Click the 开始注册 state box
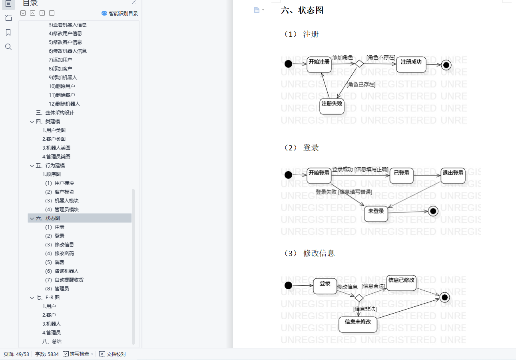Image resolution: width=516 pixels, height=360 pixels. coord(319,64)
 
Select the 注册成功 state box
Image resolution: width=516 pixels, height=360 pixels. coord(411,64)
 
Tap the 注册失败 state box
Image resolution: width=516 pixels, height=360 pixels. coord(332,106)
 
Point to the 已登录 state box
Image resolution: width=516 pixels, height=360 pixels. coord(402,175)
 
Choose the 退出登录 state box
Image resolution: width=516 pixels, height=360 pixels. coord(453,175)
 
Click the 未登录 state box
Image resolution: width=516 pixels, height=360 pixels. coord(376,213)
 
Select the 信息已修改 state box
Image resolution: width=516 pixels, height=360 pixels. coord(401,282)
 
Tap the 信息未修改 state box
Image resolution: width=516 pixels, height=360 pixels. coord(358,324)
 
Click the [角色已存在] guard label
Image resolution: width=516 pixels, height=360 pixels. coord(361,84)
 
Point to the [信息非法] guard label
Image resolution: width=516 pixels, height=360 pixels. coord(365,309)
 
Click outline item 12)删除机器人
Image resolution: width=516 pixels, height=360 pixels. coord(64,104)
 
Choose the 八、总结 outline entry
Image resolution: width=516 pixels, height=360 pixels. coord(52,341)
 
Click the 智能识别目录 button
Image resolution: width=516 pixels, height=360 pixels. coord(120,13)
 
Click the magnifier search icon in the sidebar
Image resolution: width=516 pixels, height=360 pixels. coord(8,47)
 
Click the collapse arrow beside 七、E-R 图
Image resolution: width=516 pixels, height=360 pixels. coord(32,297)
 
